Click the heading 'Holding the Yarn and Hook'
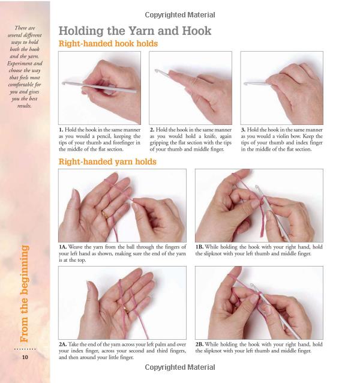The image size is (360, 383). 135,31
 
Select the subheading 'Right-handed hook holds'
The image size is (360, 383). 108,44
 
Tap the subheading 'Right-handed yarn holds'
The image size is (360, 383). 107,161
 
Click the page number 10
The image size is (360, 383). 25,357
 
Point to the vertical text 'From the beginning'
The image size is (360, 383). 24,294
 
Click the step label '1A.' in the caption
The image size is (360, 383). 63,247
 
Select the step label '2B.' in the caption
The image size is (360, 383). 199,344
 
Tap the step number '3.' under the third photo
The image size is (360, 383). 243,130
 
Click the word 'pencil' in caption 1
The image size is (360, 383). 104,136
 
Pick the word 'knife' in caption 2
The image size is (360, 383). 209,136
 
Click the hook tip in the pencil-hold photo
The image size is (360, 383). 64,83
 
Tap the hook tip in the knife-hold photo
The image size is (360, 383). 156,71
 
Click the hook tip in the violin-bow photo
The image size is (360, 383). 245,84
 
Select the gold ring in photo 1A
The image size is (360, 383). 105,214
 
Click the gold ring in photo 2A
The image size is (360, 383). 127,310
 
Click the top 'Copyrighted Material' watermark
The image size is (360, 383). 180,15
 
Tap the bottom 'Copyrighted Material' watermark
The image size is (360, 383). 180,367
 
